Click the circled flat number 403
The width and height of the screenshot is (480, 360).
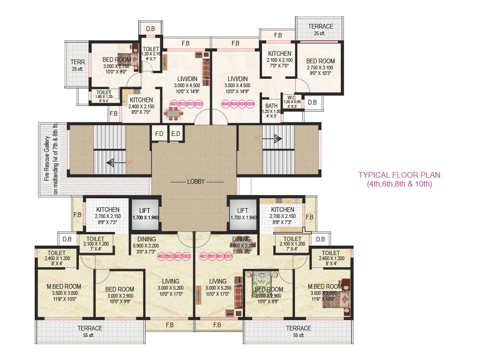point(174,104)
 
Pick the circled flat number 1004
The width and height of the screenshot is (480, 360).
point(250,104)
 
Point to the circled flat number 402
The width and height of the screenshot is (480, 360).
point(162,256)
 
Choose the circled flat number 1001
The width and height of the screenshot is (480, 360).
point(229,256)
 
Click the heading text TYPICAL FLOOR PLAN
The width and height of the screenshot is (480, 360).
point(399,175)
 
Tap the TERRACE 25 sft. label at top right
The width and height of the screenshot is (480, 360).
point(320,30)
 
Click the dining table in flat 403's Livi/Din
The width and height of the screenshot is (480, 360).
point(174,114)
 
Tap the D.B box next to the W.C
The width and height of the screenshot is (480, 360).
point(312,102)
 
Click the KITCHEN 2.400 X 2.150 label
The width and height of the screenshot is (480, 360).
point(141,103)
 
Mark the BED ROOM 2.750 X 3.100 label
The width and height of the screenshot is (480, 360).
point(320,64)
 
